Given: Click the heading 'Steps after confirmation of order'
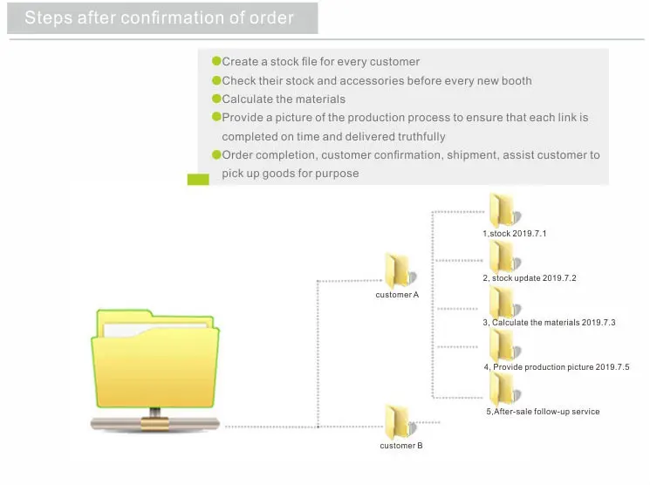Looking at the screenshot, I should coord(159,17).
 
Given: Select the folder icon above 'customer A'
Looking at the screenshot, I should coord(400,270).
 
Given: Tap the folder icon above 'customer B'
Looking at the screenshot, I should coord(400,421).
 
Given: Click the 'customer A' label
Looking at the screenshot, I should coord(398,295).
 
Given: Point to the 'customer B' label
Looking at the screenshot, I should coord(401,446).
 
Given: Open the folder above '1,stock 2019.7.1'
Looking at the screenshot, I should coord(503,210).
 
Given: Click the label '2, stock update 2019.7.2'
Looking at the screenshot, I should coord(530,278).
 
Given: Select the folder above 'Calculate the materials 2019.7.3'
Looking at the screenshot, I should coord(503,301).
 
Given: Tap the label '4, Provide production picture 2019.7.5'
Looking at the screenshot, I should coord(557,367).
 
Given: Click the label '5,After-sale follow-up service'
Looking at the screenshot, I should coord(543,412).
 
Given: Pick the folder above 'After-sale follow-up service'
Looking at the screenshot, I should coord(503,389).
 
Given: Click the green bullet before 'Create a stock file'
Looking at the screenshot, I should coord(216,61).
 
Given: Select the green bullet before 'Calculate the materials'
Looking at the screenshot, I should coord(216,99).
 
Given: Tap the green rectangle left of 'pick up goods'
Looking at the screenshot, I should coord(198,179).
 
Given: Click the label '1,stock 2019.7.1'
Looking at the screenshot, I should coord(515,234).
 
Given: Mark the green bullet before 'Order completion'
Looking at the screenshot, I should coord(216,154).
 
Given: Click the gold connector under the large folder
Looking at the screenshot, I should coord(154,420).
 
